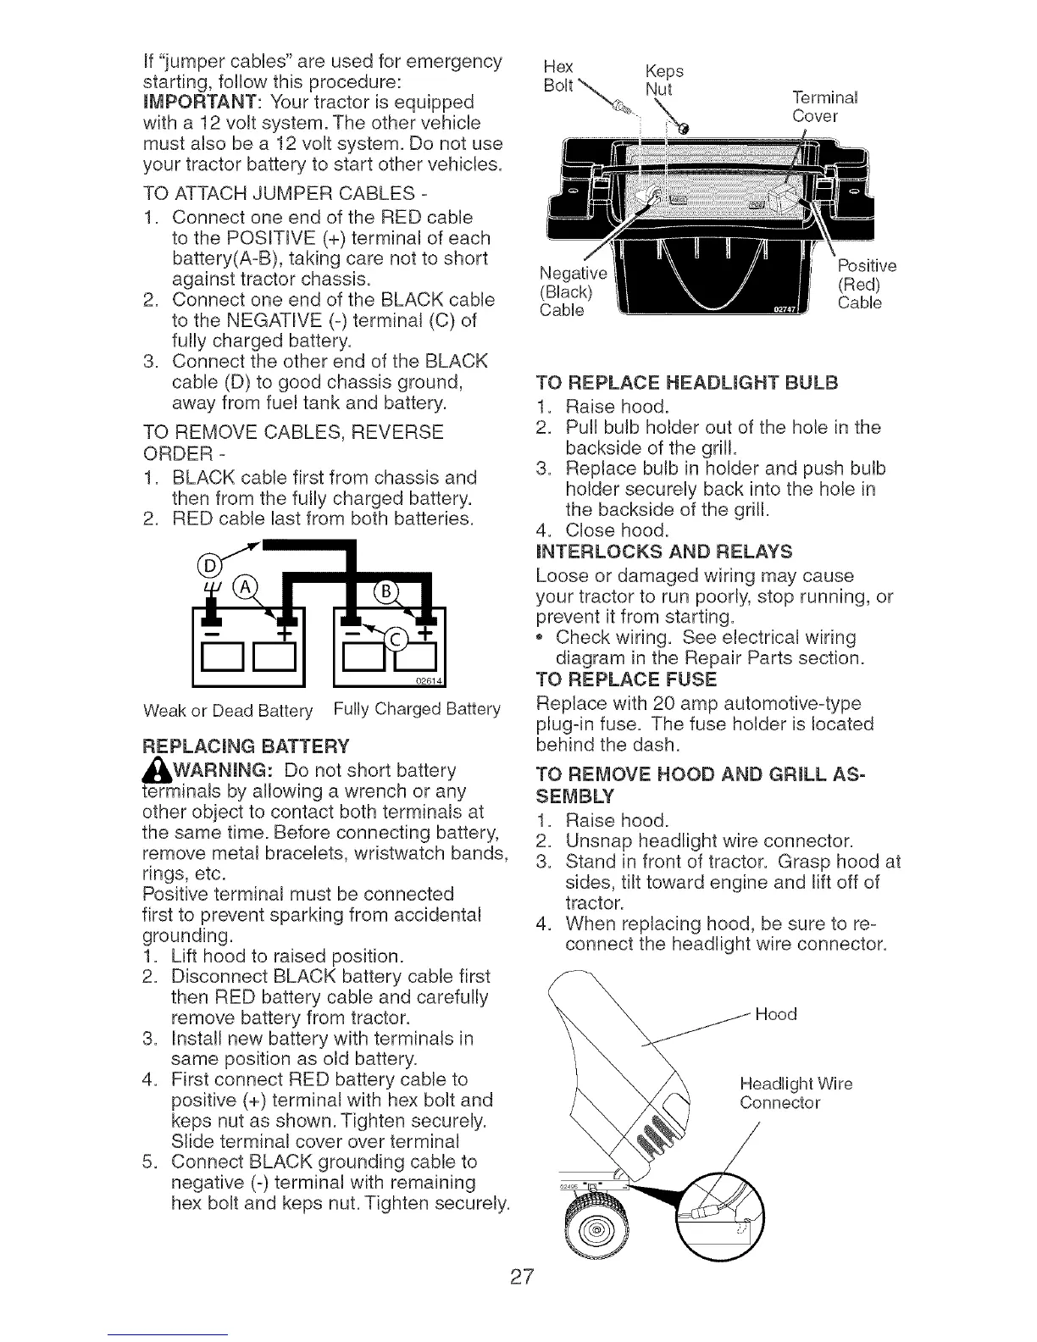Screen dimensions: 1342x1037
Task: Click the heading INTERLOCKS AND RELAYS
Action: pyautogui.click(x=664, y=552)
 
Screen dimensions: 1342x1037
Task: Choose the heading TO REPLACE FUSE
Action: pyautogui.click(x=626, y=679)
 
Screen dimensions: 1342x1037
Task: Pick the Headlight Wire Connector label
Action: pyautogui.click(x=795, y=1094)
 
